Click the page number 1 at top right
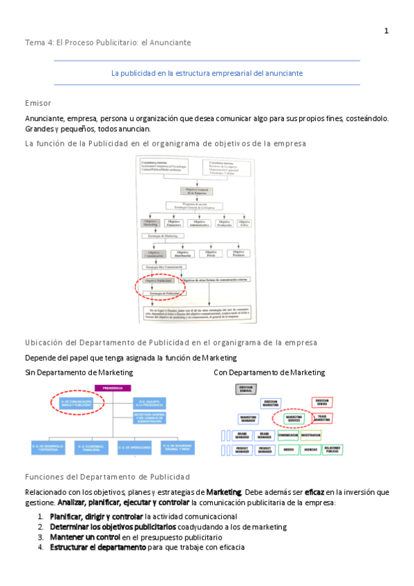(x=386, y=30)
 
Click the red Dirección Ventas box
(x=321, y=402)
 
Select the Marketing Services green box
(x=285, y=419)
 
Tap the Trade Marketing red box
(x=321, y=419)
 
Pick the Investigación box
(x=310, y=435)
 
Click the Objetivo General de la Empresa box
(x=196, y=191)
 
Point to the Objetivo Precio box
(x=210, y=254)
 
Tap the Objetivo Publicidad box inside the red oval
(x=156, y=281)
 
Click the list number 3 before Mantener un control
(x=41, y=537)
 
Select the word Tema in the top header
(x=33, y=43)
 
